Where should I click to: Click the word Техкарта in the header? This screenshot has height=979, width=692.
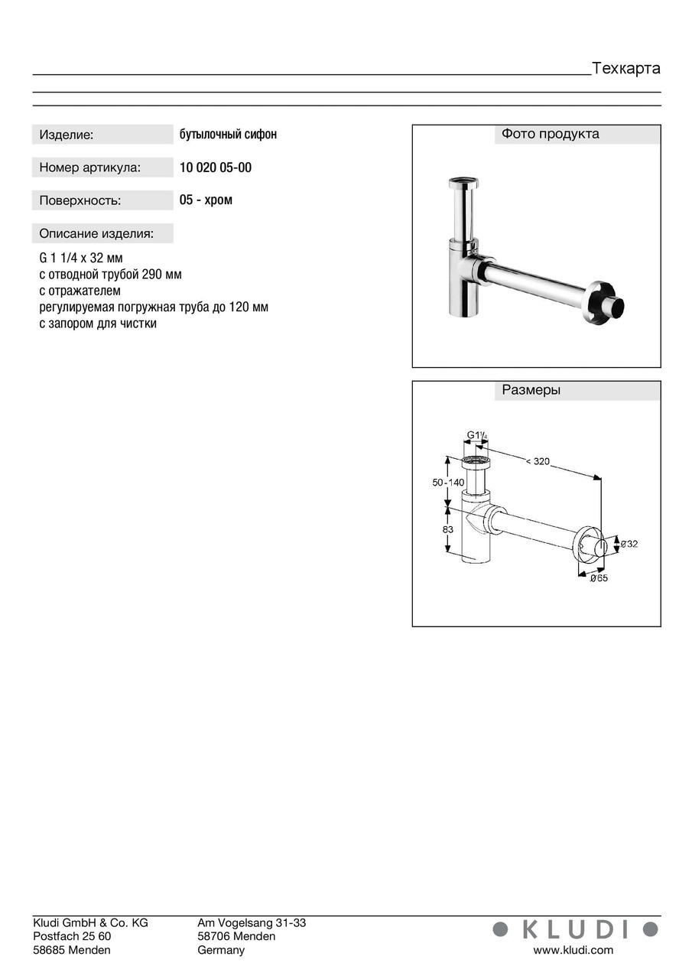pos(625,68)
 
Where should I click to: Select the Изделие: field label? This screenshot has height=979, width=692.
pos(67,135)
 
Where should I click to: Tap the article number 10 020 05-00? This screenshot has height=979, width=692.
pos(215,168)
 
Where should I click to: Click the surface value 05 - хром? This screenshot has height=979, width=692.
pos(206,200)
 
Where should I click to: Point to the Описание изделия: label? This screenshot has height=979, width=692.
pos(96,233)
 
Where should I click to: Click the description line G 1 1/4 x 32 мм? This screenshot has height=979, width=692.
pos(80,258)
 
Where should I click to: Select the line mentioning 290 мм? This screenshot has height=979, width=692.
pos(110,275)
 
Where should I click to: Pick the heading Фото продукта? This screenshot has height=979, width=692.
pos(550,134)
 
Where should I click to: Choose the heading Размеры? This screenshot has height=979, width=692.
pos(531,390)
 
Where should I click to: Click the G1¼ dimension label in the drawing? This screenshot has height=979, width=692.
pos(477,436)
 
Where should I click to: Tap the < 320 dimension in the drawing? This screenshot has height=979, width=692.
pos(538,460)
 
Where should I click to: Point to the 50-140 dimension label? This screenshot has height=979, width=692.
pos(448,483)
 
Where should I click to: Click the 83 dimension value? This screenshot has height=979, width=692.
pos(448,529)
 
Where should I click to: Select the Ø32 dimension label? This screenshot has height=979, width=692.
pos(629,544)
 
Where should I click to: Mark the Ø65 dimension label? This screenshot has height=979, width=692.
pos(599,578)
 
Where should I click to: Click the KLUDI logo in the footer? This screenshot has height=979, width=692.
pos(575,929)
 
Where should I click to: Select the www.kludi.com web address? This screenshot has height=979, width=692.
pos(573,950)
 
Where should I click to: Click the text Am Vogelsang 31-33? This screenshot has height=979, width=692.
pos(252,923)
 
